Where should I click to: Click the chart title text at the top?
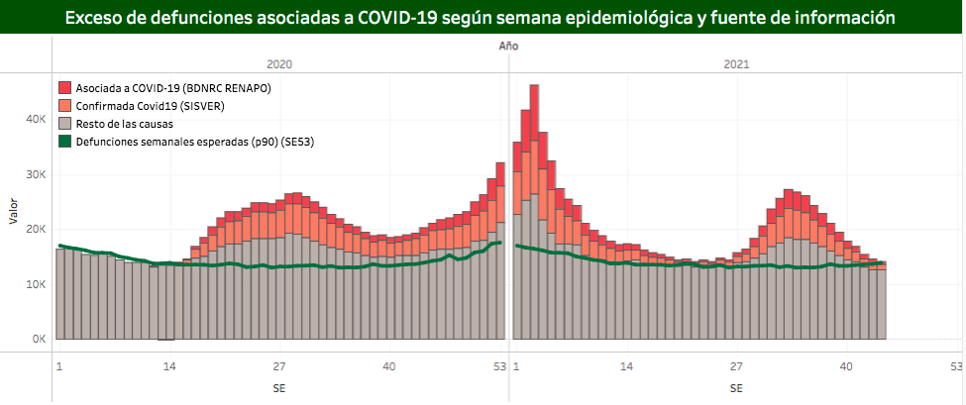point(482,17)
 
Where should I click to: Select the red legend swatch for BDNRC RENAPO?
point(65,88)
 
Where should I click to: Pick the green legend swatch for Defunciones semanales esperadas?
point(65,142)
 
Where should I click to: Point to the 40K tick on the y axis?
point(36,119)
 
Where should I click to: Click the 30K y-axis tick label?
point(36,174)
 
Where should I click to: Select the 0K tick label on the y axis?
point(39,339)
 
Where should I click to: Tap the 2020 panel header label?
point(279,63)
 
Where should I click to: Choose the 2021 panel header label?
point(736,63)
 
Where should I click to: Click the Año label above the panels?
point(508,47)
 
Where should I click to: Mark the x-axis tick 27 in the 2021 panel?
point(736,366)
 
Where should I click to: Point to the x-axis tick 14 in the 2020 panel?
point(169,366)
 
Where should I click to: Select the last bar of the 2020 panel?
point(500,257)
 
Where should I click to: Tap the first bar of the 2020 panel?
point(60,294)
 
